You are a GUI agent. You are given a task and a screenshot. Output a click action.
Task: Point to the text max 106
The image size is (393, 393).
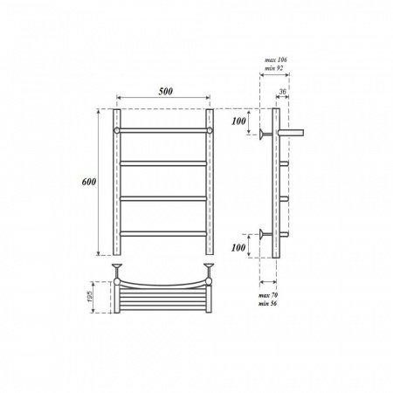click(276, 59)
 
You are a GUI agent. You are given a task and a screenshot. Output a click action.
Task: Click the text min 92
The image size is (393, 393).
click(276, 68)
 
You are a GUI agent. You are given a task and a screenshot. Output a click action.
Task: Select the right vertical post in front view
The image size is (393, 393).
click(210, 183)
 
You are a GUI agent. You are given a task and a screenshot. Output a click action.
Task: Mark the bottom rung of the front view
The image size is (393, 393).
click(163, 233)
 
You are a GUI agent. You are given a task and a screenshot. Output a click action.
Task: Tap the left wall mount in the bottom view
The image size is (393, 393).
click(116, 266)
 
